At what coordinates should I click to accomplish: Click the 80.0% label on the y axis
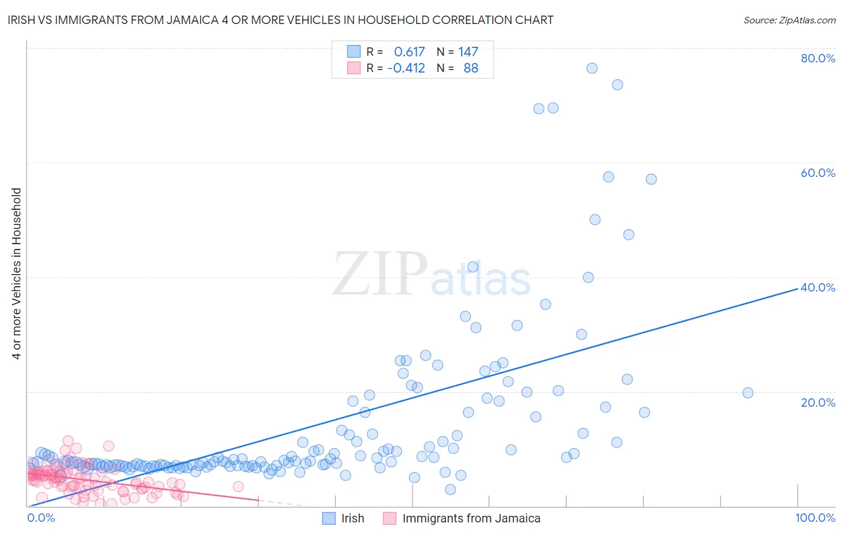pyautogui.click(x=818, y=58)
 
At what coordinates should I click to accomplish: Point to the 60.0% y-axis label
pyautogui.click(x=818, y=173)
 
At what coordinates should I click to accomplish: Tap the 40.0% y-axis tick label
pyautogui.click(x=818, y=287)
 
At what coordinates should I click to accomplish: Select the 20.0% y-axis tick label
pyautogui.click(x=818, y=402)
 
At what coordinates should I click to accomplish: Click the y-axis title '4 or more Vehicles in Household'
pyautogui.click(x=17, y=273)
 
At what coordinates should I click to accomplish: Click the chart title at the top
pyautogui.click(x=280, y=20)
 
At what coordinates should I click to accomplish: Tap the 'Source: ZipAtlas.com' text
pyautogui.click(x=789, y=20)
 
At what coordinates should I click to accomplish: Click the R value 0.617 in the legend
pyautogui.click(x=409, y=52)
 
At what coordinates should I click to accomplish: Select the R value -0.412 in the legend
pyautogui.click(x=406, y=68)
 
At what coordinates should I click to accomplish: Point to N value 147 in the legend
pyautogui.click(x=468, y=52)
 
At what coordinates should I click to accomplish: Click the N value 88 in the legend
pyautogui.click(x=471, y=68)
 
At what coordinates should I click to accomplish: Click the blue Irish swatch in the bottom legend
pyautogui.click(x=329, y=519)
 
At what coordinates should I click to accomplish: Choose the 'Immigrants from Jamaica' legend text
pyautogui.click(x=471, y=519)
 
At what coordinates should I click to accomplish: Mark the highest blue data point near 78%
pyautogui.click(x=592, y=68)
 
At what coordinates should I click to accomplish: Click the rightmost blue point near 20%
pyautogui.click(x=748, y=393)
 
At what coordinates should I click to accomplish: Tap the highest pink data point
pyautogui.click(x=68, y=441)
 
